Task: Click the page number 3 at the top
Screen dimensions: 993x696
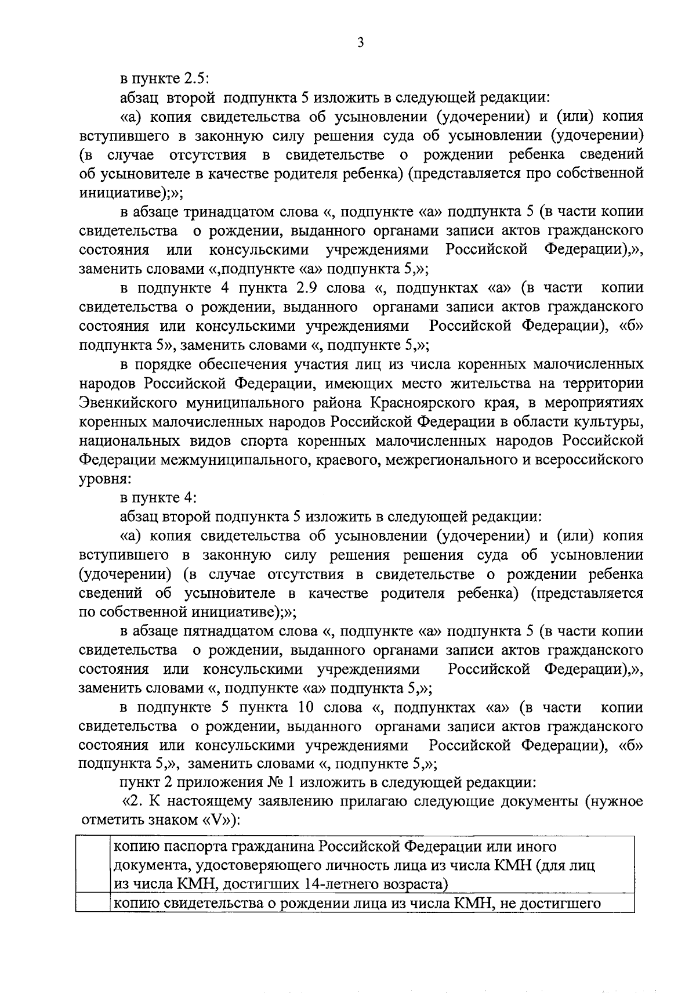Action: (x=360, y=43)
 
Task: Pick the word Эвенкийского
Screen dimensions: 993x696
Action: (x=129, y=402)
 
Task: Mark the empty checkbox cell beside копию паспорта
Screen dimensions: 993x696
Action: (x=93, y=865)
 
